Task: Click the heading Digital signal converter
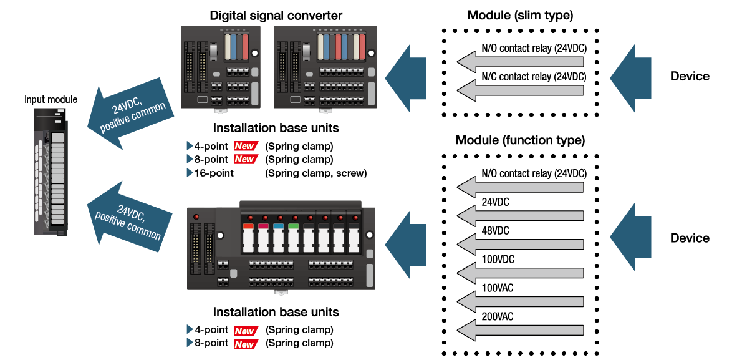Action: (276, 16)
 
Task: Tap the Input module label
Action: (51, 99)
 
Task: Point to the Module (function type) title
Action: (520, 139)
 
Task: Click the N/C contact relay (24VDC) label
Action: (534, 77)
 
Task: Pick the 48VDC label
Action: (495, 231)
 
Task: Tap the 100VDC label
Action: (498, 259)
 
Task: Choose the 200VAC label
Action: (498, 316)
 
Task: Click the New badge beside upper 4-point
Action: (244, 146)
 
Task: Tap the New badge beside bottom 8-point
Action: (244, 343)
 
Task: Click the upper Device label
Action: (690, 77)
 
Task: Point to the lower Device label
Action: (690, 238)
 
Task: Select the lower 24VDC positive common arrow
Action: (128, 218)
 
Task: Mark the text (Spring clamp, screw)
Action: (315, 173)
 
